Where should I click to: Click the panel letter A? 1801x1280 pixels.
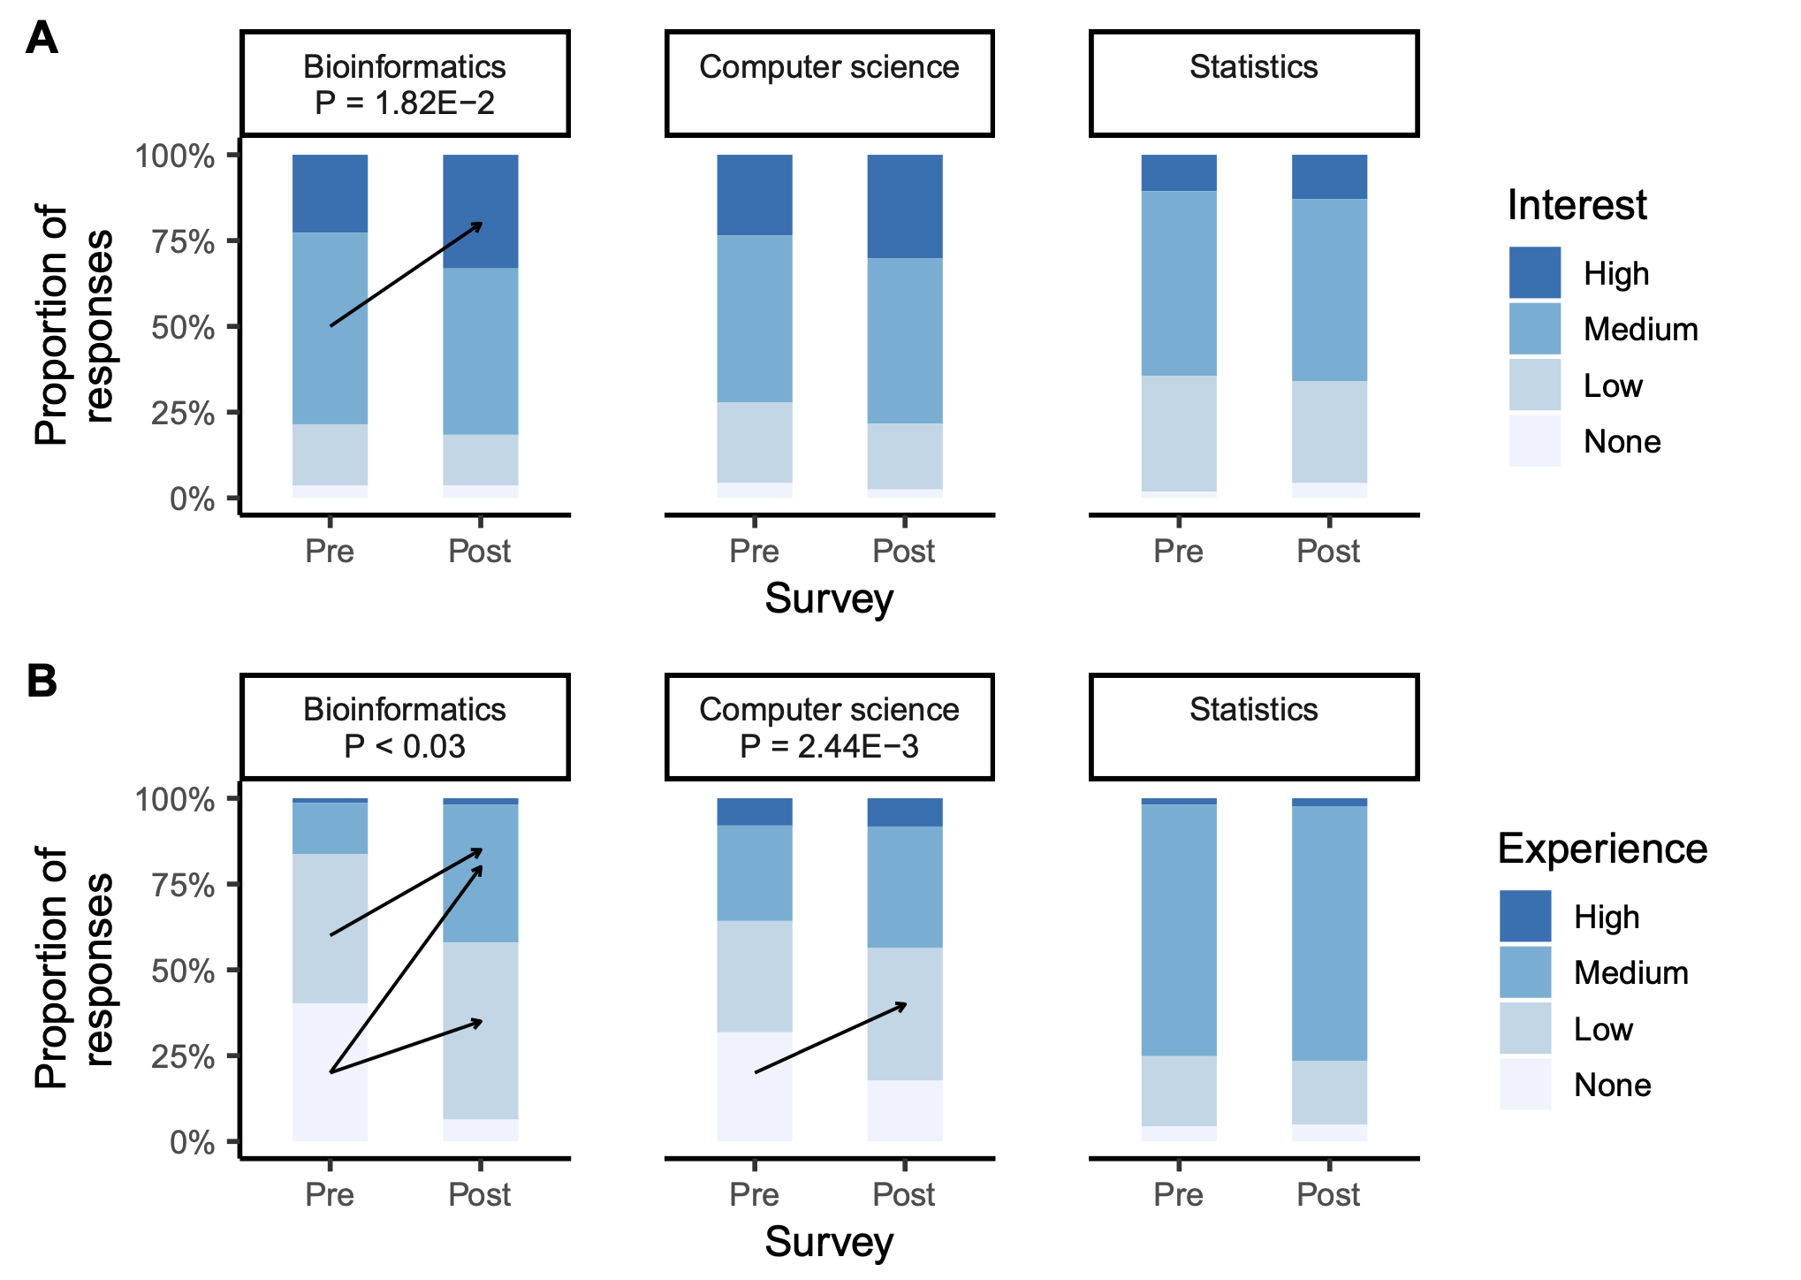pyautogui.click(x=42, y=39)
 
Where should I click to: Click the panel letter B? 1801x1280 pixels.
pyautogui.click(x=42, y=682)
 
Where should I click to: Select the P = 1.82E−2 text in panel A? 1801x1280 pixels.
pyautogui.click(x=405, y=103)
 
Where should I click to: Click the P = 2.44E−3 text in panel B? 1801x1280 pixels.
pyautogui.click(x=829, y=747)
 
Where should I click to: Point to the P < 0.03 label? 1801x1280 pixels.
pyautogui.click(x=405, y=747)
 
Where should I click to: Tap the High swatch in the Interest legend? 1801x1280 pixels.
pyautogui.click(x=1534, y=272)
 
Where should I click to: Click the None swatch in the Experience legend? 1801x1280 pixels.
pyautogui.click(x=1524, y=1084)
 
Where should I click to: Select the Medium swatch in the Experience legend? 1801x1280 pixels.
pyautogui.click(x=1524, y=971)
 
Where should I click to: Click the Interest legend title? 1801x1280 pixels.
pyautogui.click(x=1577, y=205)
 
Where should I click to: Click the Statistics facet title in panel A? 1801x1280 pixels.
pyautogui.click(x=1253, y=67)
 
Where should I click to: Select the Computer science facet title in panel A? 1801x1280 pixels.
pyautogui.click(x=829, y=67)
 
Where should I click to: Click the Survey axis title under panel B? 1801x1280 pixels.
pyautogui.click(x=829, y=1242)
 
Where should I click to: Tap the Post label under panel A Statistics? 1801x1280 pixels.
pyautogui.click(x=1328, y=551)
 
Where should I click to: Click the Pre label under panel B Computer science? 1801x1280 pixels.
pyautogui.click(x=754, y=1194)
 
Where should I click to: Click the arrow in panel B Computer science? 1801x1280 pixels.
pyautogui.click(x=831, y=1038)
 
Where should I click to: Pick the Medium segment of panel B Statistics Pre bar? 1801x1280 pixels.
pyautogui.click(x=1179, y=928)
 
